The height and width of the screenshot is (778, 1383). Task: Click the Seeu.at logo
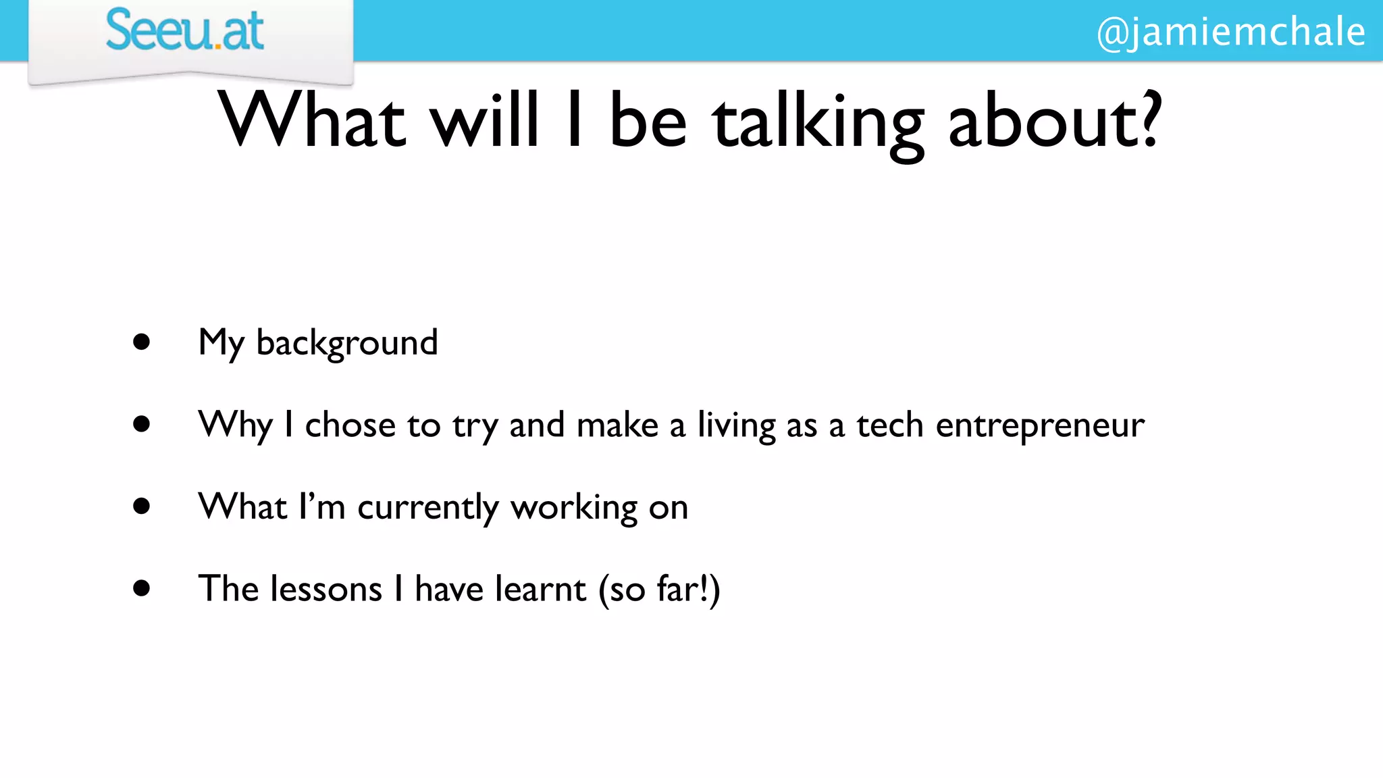coord(184,31)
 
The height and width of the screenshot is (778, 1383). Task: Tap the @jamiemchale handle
coord(1230,32)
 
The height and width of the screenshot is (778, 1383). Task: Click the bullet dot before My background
coord(141,342)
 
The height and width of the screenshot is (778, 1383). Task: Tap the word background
coord(347,343)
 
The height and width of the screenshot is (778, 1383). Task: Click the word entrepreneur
coord(1040,425)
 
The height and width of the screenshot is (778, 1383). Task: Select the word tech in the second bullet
coord(889,425)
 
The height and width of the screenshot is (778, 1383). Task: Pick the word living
coord(736,425)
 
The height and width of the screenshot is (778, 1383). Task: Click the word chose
coord(350,425)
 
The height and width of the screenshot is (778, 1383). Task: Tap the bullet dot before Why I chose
coord(141,424)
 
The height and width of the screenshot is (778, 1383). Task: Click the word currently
coord(427,508)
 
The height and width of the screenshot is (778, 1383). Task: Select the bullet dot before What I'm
coord(141,506)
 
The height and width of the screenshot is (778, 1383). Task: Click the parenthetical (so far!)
coord(660,589)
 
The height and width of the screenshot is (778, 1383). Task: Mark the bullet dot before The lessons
coord(141,588)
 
